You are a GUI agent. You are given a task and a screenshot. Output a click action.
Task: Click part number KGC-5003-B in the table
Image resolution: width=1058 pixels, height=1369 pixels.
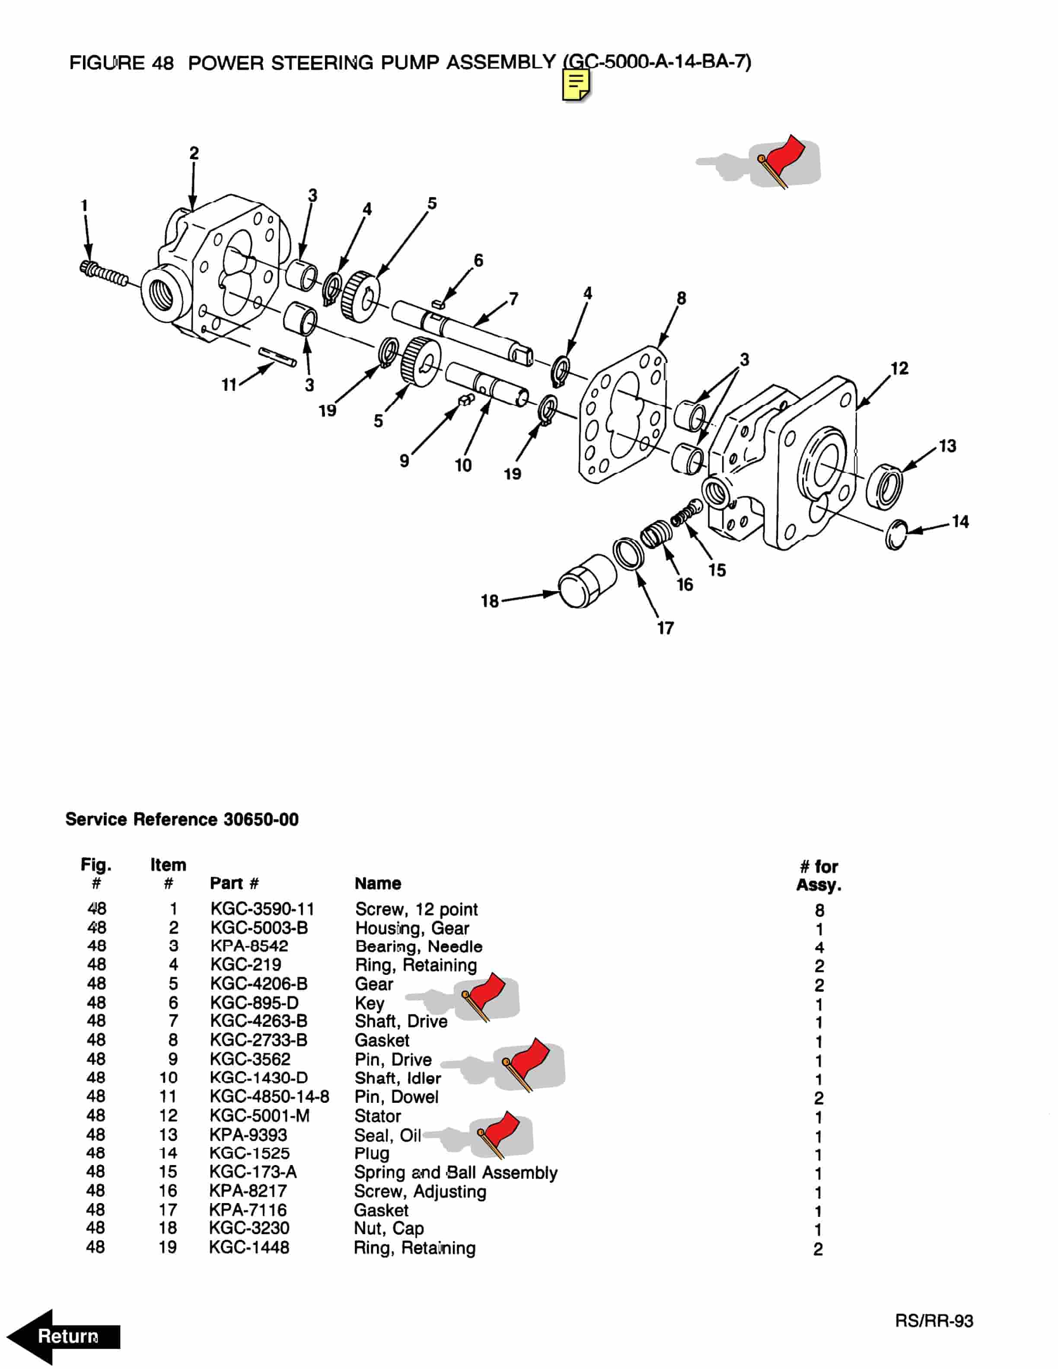259,928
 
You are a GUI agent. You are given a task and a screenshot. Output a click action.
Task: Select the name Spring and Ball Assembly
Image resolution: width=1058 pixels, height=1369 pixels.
456,1172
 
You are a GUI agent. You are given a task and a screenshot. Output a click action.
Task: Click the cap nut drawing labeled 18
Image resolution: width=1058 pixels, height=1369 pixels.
586,581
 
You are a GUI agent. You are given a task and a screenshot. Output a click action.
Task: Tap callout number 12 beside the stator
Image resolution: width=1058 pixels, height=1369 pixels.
899,369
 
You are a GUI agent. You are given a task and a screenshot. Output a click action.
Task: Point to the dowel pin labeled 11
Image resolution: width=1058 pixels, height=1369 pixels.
277,357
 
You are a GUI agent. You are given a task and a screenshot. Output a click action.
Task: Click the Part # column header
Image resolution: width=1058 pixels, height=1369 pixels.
234,883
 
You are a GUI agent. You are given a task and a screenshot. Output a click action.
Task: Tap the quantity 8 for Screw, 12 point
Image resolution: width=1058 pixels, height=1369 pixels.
819,910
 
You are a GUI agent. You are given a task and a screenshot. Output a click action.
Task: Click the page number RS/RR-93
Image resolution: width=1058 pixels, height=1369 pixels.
934,1321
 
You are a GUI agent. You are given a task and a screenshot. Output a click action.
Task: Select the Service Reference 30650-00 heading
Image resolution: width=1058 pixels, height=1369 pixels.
182,819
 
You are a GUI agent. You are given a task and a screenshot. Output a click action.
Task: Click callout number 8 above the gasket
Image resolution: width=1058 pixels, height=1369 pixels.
681,298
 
